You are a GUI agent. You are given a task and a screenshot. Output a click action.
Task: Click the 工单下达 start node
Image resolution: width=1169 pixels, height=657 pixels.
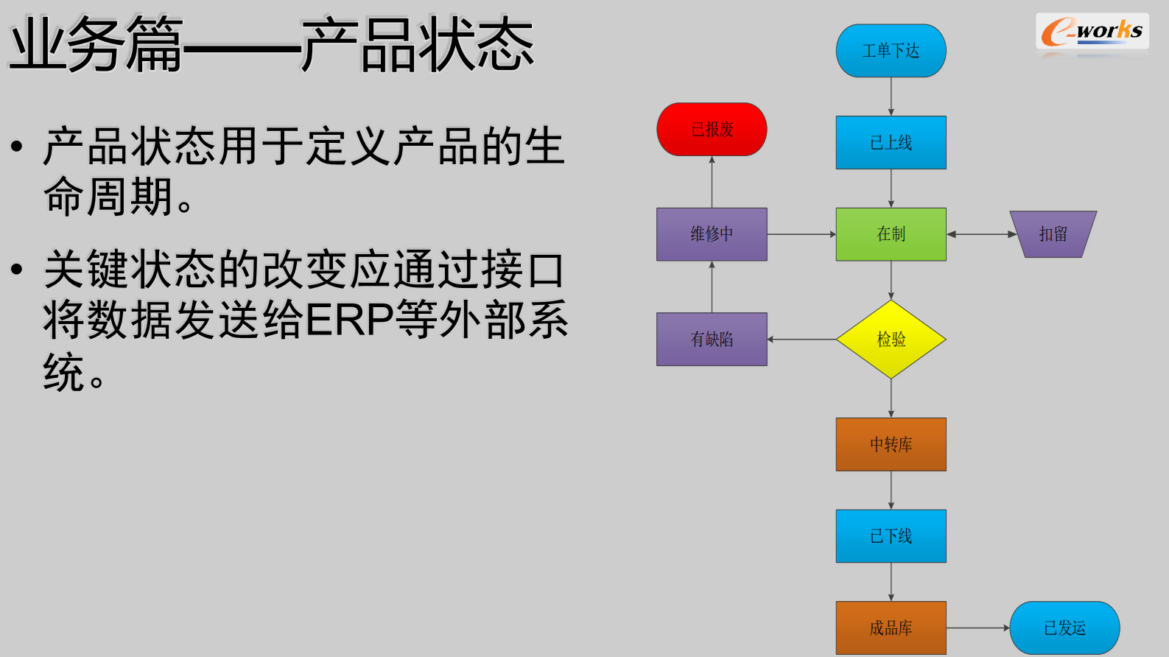tap(891, 51)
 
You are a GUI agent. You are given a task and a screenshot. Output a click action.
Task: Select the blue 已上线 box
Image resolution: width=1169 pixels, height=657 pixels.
tap(891, 142)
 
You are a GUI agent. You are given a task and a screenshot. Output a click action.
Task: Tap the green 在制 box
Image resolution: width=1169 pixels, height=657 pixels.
tap(891, 234)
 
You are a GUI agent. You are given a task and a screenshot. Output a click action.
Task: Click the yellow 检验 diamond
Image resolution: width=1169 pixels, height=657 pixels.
tap(891, 340)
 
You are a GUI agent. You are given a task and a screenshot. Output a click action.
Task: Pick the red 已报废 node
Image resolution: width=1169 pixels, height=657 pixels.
tap(712, 130)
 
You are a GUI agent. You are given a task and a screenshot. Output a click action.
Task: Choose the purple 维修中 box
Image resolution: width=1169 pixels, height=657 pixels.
tap(712, 234)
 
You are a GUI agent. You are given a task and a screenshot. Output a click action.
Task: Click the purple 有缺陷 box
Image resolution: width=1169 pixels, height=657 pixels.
tap(712, 340)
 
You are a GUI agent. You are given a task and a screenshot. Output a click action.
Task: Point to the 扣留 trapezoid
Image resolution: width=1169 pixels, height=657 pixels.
tap(1053, 234)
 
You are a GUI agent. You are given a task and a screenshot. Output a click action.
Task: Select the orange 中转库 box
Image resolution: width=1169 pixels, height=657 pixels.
tap(891, 444)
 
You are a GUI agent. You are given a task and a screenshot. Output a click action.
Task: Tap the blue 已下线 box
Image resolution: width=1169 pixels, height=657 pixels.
tap(891, 536)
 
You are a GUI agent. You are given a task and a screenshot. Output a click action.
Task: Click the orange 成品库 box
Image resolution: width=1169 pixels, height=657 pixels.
tap(891, 628)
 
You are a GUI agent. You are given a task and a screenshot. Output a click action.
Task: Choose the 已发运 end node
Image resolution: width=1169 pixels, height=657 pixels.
tap(1064, 628)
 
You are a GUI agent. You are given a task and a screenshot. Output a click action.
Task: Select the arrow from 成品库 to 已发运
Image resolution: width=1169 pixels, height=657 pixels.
tap(977, 628)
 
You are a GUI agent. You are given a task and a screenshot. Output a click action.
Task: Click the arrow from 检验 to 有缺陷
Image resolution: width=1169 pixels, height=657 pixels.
tap(801, 340)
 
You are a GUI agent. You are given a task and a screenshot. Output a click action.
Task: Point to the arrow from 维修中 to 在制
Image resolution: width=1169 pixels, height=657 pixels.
tap(801, 234)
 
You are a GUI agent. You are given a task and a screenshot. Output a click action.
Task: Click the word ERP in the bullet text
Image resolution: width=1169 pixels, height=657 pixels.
tap(350, 320)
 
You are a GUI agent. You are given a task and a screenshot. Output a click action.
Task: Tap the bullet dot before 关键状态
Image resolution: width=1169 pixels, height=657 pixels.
tap(17, 269)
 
